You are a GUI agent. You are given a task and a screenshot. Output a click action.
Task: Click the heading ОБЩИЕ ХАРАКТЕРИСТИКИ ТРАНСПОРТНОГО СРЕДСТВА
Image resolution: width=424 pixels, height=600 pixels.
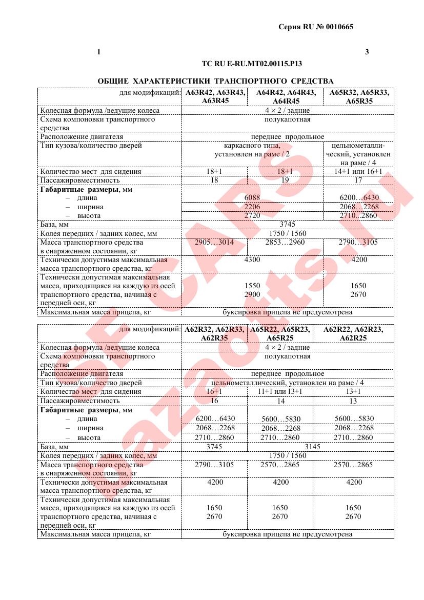[x=215, y=81]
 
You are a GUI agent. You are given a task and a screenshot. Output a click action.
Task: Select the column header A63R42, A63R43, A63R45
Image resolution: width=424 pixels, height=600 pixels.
[x=215, y=97]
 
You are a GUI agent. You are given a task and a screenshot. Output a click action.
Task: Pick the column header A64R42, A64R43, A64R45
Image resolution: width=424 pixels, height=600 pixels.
[x=285, y=97]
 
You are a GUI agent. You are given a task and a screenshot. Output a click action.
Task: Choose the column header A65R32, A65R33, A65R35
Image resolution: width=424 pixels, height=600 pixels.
[x=358, y=97]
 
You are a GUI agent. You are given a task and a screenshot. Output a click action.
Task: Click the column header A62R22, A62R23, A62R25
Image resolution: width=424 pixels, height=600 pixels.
[x=353, y=334]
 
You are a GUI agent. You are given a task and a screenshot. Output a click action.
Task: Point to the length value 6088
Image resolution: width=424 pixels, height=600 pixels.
[x=252, y=197]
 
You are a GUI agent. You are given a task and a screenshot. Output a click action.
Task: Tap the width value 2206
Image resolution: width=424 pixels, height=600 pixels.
[x=252, y=207]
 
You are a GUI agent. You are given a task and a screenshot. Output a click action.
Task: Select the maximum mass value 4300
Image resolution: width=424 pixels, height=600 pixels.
[x=252, y=259]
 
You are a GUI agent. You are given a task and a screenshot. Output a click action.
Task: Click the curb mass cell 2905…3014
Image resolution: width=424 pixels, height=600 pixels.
[x=215, y=242]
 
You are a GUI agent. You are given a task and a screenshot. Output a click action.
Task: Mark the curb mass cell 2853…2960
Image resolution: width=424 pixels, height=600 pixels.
[x=285, y=242]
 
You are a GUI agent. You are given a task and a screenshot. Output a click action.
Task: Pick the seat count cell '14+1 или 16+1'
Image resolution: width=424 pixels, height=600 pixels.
[x=358, y=171]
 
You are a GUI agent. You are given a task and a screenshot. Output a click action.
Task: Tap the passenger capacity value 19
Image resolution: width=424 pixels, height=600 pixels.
[x=285, y=180]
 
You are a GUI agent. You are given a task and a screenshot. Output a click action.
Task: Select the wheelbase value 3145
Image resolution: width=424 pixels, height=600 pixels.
[x=312, y=447]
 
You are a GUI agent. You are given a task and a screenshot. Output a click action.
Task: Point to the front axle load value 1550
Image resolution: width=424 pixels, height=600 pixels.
[x=252, y=286]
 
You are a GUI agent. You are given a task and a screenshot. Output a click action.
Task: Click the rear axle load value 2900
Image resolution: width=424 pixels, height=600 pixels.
[x=252, y=294]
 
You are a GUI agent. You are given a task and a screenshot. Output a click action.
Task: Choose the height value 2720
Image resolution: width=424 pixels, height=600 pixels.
[x=252, y=215]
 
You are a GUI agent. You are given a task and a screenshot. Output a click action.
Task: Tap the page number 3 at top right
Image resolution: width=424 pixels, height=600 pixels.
[x=367, y=51]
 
